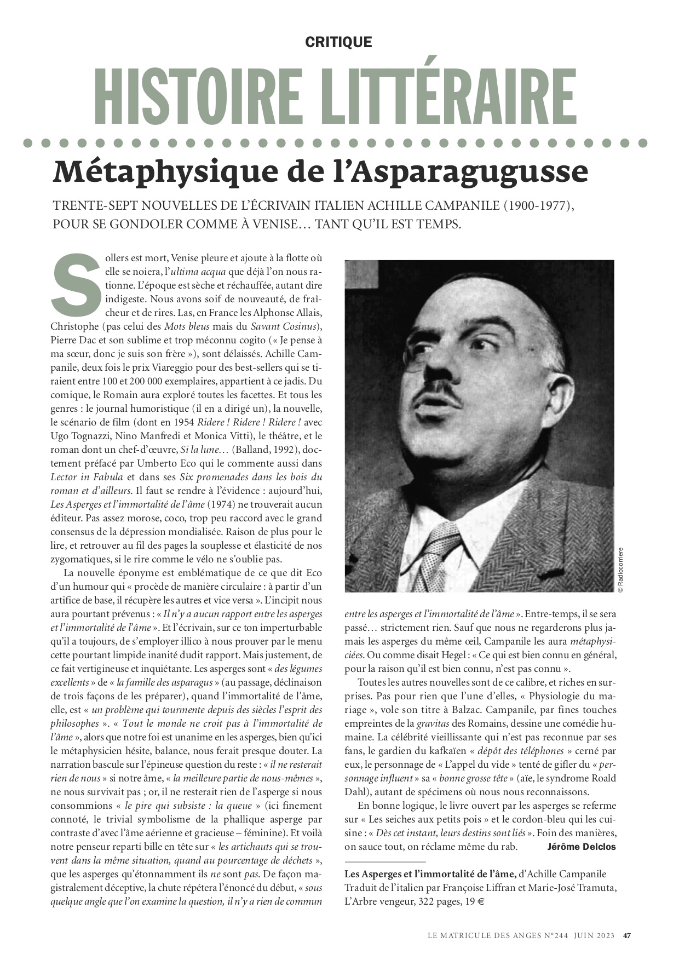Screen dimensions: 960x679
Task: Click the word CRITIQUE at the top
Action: [338, 42]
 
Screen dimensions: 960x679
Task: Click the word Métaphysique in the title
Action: [142, 172]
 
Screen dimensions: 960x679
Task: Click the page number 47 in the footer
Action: [628, 935]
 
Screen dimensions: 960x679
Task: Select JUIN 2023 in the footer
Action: [594, 935]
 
